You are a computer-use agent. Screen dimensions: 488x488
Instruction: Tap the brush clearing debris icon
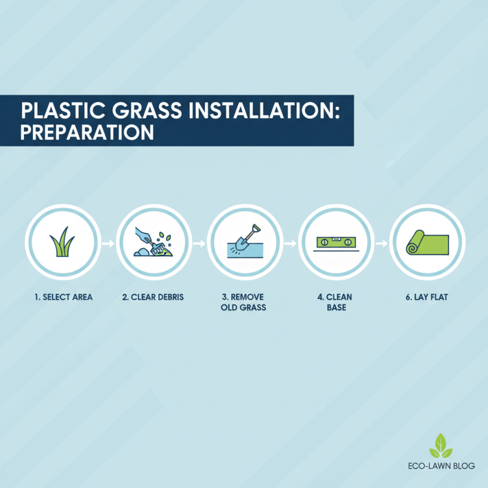pyautogui.click(x=152, y=243)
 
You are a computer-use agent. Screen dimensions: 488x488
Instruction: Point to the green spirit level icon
pyautogui.click(x=335, y=242)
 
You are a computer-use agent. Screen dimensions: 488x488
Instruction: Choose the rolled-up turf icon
pyautogui.click(x=426, y=243)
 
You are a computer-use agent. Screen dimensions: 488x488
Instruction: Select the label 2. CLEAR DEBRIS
pyautogui.click(x=152, y=298)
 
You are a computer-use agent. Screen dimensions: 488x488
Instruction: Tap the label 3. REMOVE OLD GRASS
pyautogui.click(x=244, y=303)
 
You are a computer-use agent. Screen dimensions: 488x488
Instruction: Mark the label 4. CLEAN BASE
pyautogui.click(x=335, y=303)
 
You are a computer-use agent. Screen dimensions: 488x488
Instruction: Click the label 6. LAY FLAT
pyautogui.click(x=426, y=298)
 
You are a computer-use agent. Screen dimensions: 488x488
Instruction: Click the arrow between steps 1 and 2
pyautogui.click(x=107, y=243)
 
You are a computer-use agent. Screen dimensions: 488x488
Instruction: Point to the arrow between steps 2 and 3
pyautogui.click(x=199, y=243)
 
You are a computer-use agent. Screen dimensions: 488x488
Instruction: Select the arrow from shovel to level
pyautogui.click(x=290, y=243)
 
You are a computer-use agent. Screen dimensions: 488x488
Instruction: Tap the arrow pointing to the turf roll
pyautogui.click(x=381, y=243)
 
